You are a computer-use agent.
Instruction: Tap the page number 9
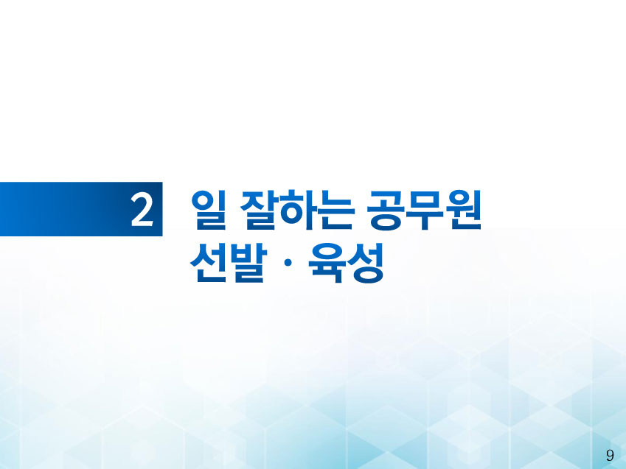tap(610, 456)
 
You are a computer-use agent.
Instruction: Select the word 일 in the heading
tap(209, 210)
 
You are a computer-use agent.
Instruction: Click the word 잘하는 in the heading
tap(297, 210)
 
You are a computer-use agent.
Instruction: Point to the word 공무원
tap(425, 210)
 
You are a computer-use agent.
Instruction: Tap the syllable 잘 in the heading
tap(258, 210)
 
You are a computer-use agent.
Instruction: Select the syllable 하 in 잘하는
tap(297, 210)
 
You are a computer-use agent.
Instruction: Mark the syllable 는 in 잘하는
tap(336, 210)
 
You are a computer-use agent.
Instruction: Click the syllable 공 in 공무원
tap(386, 210)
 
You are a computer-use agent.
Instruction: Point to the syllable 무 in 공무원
tap(425, 210)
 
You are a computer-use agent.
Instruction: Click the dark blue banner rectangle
tap(81, 209)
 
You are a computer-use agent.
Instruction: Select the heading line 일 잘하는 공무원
tap(337, 210)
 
